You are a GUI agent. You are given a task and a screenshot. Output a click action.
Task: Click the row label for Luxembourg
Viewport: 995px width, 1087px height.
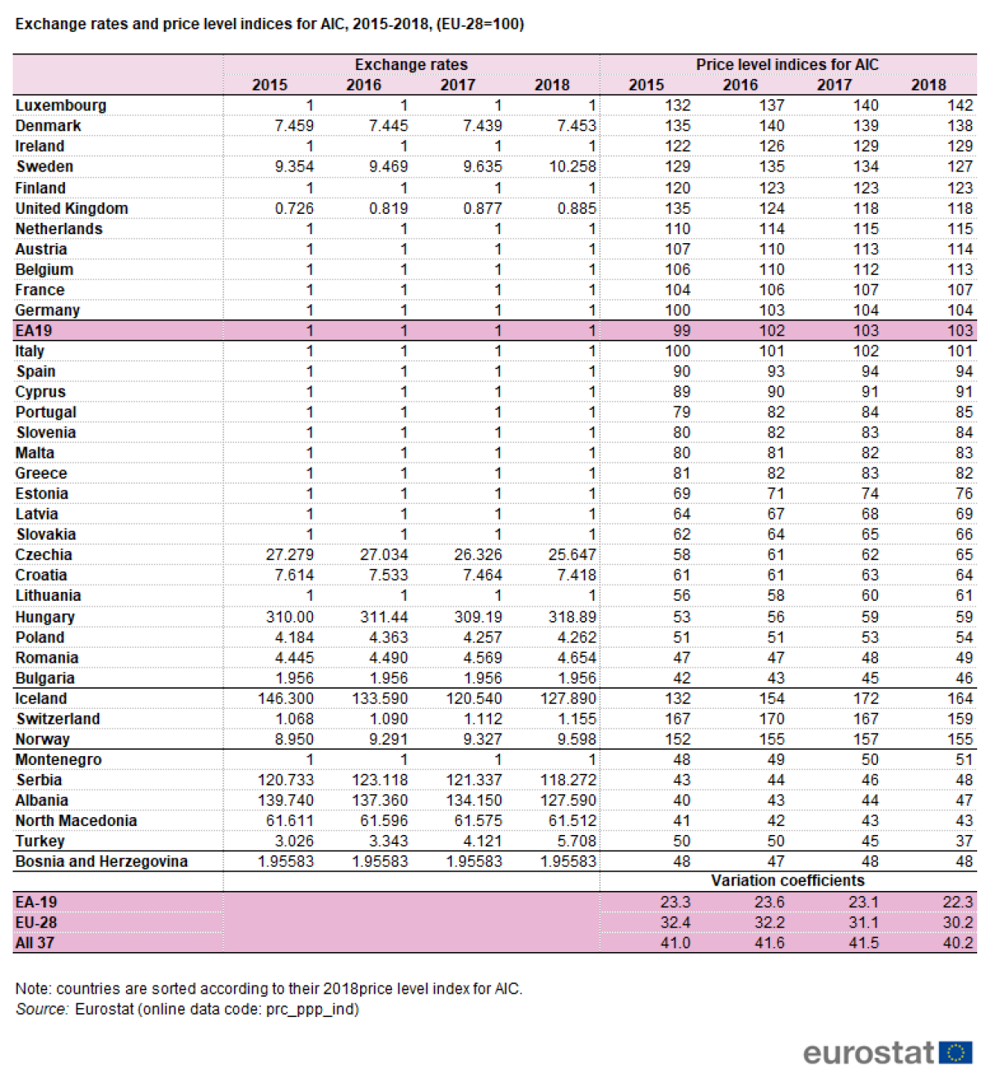[x=61, y=106]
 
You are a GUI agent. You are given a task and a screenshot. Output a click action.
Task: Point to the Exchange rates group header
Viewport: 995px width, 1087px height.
[x=411, y=65]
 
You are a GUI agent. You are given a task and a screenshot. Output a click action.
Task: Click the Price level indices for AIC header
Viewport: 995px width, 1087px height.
[x=786, y=65]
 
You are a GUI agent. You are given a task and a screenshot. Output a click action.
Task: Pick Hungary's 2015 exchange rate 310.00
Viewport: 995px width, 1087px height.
[x=289, y=617]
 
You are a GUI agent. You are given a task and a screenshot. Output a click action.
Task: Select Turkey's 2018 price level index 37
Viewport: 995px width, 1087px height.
[x=963, y=841]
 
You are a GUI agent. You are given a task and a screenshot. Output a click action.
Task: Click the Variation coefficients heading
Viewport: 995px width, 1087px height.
[x=787, y=881]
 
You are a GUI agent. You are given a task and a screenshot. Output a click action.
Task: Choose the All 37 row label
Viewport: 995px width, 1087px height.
[x=34, y=943]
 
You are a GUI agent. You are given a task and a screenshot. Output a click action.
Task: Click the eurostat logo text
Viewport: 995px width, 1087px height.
[x=868, y=1053]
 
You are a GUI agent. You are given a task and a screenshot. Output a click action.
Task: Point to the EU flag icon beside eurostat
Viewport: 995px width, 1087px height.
[x=956, y=1053]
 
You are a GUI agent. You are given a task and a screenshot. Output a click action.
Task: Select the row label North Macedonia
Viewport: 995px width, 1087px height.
[x=76, y=821]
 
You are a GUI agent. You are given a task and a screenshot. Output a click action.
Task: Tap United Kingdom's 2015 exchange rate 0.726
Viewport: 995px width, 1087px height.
[x=293, y=209]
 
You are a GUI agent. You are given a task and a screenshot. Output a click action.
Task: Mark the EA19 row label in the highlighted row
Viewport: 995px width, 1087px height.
[x=33, y=331]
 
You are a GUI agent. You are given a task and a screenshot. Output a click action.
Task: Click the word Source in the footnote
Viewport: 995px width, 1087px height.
[x=41, y=1010]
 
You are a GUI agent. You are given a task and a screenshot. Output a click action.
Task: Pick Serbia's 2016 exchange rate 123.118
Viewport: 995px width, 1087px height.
[x=380, y=780]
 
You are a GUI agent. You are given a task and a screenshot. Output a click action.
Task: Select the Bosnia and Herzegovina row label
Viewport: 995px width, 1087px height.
[x=102, y=862]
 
